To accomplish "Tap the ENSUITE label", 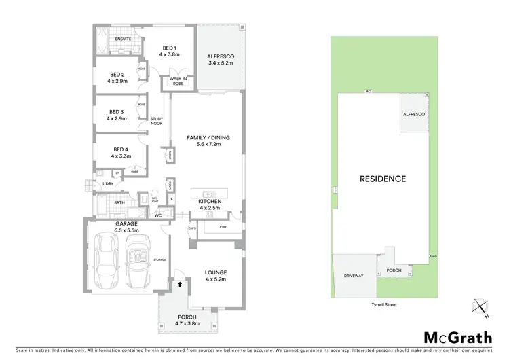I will click(x=123, y=39).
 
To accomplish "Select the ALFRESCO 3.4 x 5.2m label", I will click(x=221, y=59).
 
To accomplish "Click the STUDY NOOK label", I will click(x=156, y=122).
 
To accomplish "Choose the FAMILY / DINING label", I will click(x=208, y=141).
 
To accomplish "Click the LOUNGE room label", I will click(x=215, y=276).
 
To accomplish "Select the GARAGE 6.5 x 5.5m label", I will click(x=126, y=227).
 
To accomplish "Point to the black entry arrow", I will click(x=179, y=285).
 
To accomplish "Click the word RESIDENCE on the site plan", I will click(x=383, y=179).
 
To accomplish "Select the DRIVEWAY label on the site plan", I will click(x=354, y=276).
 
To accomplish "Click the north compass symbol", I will click(x=481, y=309).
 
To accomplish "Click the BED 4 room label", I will click(x=121, y=152).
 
